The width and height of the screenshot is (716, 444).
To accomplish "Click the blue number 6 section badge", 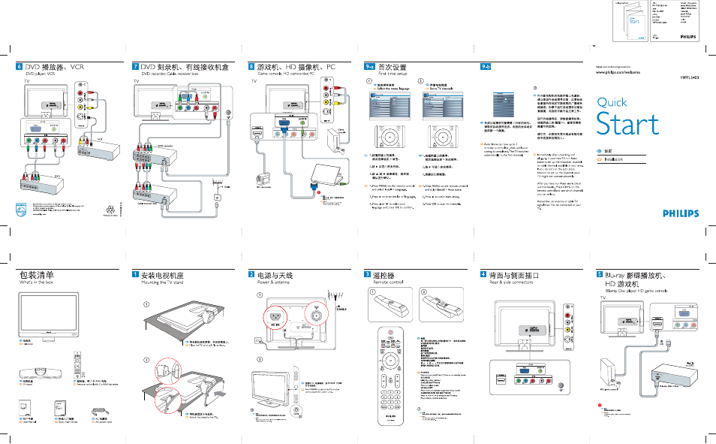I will pos(20,67).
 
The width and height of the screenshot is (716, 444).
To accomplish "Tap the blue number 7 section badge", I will pos(135,67).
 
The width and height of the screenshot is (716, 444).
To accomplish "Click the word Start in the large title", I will pos(627,124).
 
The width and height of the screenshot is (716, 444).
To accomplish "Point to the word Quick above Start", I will pos(612,102).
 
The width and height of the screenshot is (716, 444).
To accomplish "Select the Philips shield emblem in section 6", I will pos(20,207).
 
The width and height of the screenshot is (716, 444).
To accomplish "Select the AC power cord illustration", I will pos(99,412).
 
